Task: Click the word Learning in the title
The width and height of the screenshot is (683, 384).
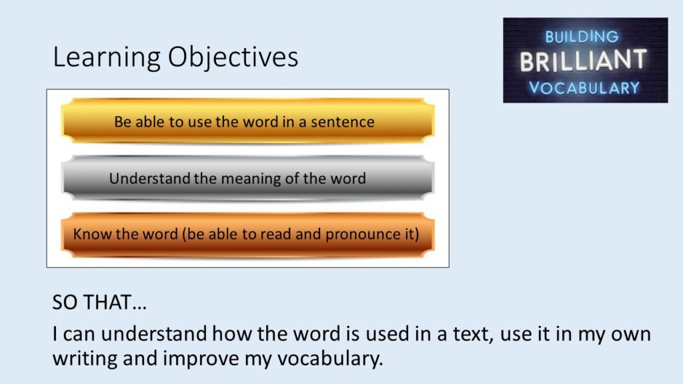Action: [x=107, y=57]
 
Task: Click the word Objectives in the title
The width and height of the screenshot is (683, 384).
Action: [x=233, y=57]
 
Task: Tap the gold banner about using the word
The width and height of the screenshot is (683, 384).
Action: [x=248, y=121]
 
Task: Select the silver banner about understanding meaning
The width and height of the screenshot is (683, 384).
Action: [x=248, y=177]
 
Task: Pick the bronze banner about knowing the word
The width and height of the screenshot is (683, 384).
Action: [x=248, y=234]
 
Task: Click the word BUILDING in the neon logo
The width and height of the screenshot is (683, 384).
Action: [x=582, y=37]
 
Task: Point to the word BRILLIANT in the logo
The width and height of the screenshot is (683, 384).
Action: [x=583, y=61]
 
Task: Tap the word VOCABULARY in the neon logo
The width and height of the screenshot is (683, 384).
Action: [x=584, y=88]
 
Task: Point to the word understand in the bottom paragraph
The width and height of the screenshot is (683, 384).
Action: [x=154, y=334]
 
